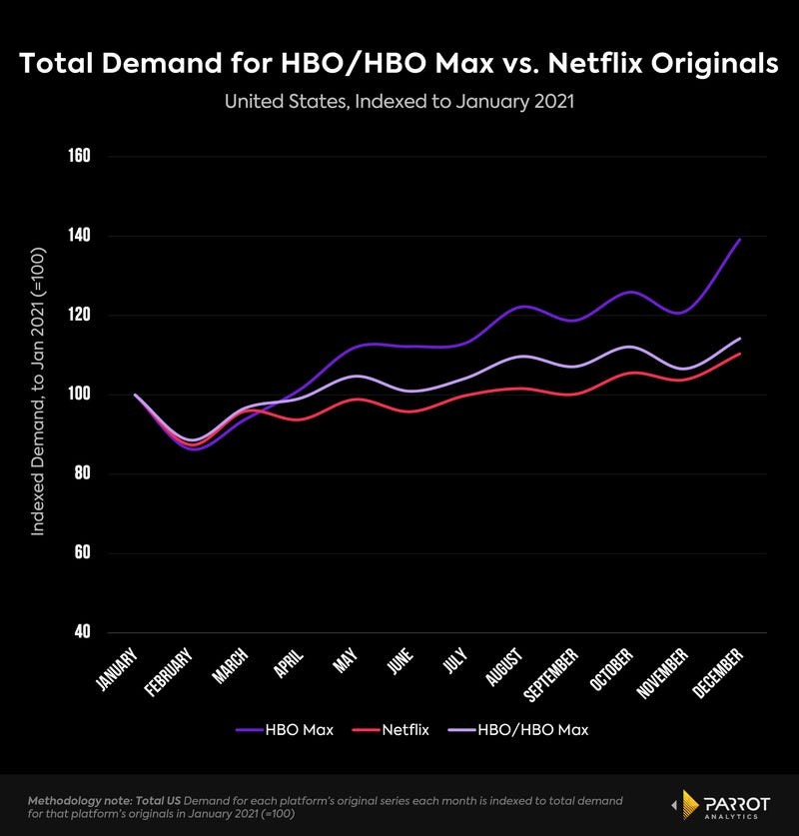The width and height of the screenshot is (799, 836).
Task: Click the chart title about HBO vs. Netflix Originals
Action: pos(399,64)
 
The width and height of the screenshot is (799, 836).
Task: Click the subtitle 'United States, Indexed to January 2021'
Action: pos(399,102)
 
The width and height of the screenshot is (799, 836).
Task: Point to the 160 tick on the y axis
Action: pos(79,157)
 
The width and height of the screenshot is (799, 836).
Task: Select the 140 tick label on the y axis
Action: pos(79,236)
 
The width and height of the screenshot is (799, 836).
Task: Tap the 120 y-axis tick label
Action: pos(79,316)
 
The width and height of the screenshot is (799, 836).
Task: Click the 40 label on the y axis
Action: pos(82,632)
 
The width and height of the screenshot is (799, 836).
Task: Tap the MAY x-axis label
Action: pos(344,661)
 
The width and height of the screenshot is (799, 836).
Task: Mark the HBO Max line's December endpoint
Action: pos(740,240)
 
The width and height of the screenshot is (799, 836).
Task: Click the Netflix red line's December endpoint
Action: pos(740,354)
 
